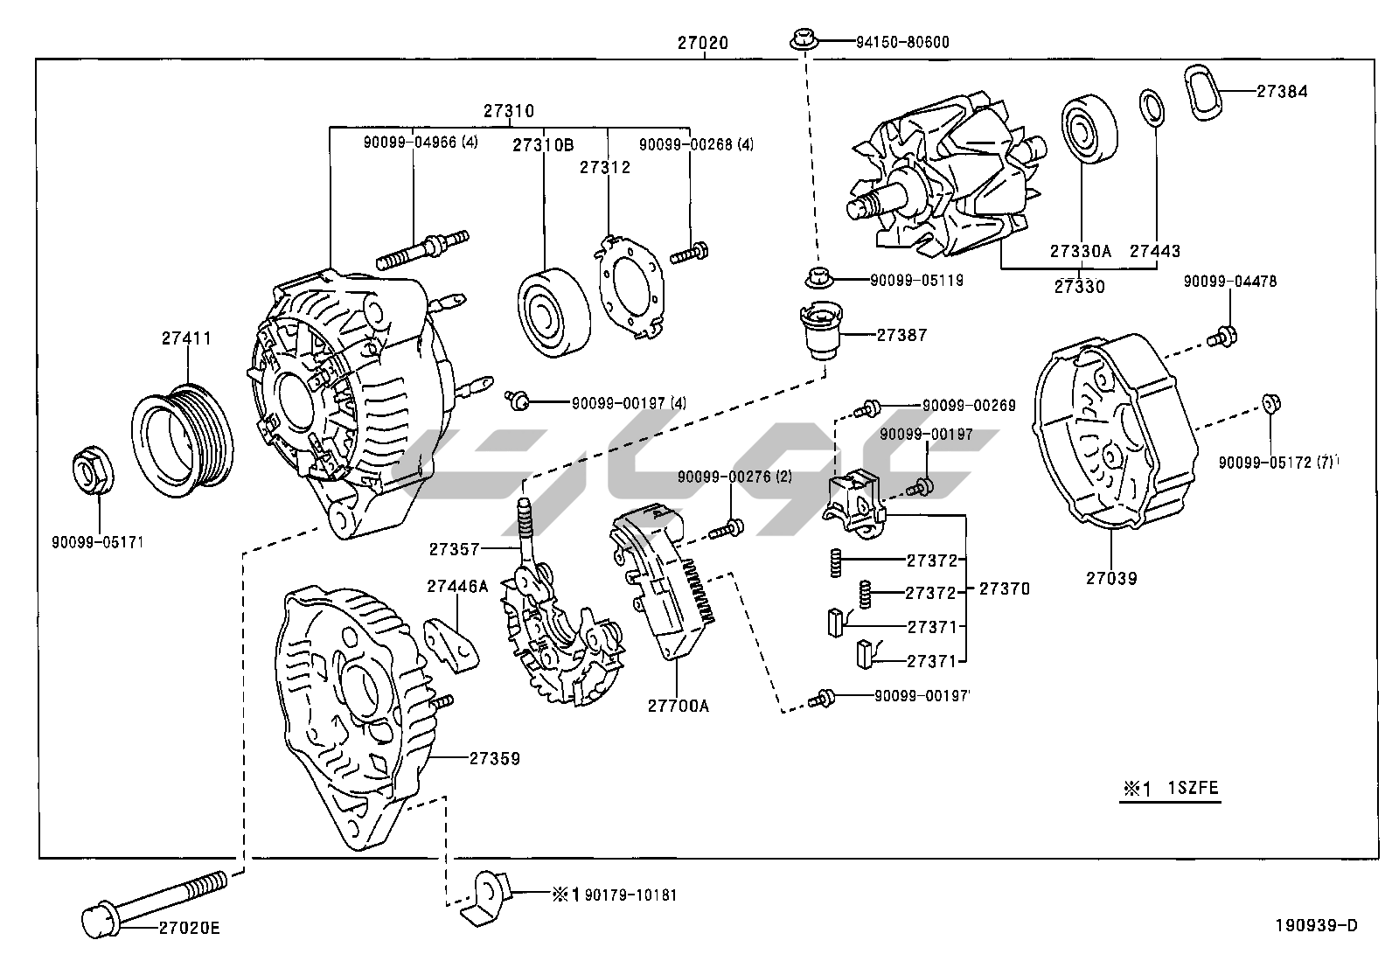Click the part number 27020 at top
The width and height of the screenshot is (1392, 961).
coord(702,42)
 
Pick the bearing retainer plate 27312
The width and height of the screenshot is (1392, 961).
coord(630,279)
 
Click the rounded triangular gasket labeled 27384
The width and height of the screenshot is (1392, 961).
coord(1208,89)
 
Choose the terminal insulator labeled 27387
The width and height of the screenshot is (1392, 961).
coord(821,331)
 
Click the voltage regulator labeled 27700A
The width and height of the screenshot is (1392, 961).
coord(665,582)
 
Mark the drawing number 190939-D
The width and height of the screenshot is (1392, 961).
coord(1316,926)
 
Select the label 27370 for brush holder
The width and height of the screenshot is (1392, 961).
coord(1004,589)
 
